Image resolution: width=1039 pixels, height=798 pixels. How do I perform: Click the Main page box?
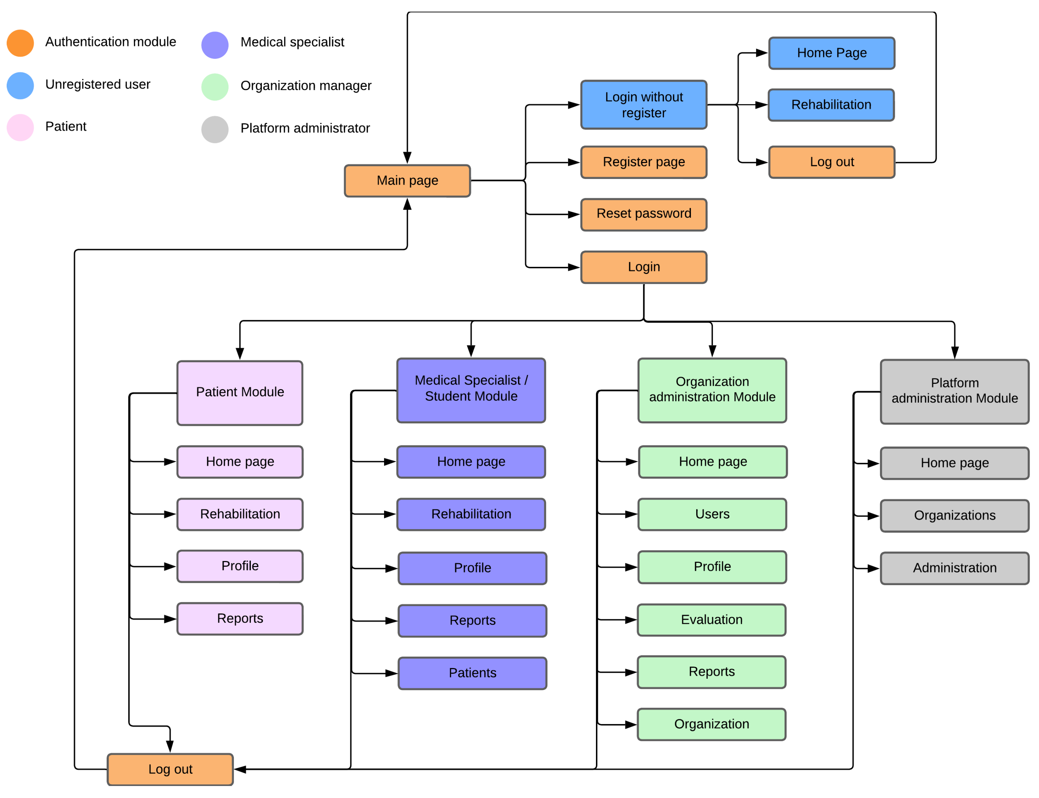coord(407,181)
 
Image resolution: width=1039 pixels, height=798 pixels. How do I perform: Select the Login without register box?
coord(644,105)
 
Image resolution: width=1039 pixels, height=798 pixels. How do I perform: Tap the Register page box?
coord(644,162)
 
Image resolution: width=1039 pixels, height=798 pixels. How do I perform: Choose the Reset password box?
coord(644,214)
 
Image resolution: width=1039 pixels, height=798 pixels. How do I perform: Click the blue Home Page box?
coord(831,53)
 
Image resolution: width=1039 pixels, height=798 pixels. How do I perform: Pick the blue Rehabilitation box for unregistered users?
coord(831,105)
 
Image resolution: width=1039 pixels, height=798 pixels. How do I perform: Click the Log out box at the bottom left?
coord(170,769)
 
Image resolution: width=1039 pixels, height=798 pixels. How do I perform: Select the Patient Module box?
coord(240,393)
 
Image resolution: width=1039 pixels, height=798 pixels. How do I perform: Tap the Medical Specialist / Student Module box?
coord(471,390)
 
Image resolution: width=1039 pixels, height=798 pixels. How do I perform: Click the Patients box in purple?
coord(472,673)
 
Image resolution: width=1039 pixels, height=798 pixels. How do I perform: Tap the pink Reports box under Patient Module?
coord(240,618)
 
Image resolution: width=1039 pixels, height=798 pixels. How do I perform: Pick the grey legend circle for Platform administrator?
coord(215,129)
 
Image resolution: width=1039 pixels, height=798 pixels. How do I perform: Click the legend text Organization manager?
coord(305,86)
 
